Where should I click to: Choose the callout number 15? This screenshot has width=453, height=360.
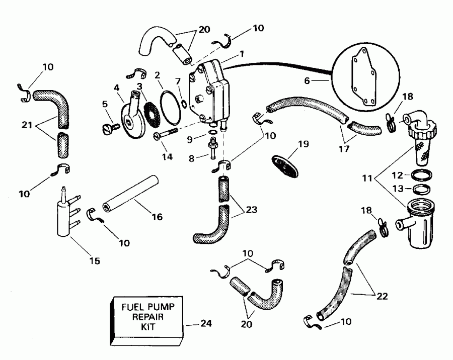[94, 261]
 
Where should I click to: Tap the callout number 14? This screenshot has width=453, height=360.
[167, 157]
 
